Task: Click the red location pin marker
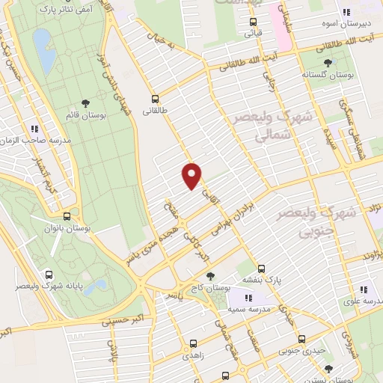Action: [192, 175]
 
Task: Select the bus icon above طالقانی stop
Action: [155, 98]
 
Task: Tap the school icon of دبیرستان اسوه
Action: [346, 12]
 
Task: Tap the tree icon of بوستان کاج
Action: [209, 275]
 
